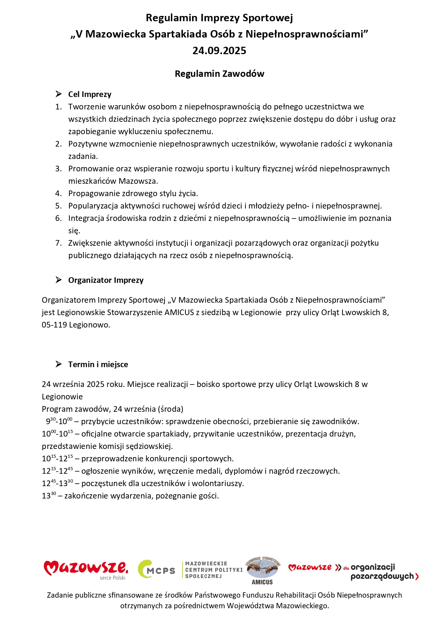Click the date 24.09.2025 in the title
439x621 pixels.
(x=219, y=51)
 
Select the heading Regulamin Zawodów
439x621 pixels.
(x=219, y=74)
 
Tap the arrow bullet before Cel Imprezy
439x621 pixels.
(x=59, y=94)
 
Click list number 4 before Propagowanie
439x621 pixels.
(x=58, y=193)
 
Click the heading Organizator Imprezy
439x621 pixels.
(x=106, y=280)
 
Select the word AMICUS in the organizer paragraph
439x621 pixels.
(x=179, y=312)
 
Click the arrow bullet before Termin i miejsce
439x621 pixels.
(x=59, y=364)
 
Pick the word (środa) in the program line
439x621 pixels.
(x=171, y=409)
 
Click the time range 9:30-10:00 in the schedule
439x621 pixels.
(x=59, y=421)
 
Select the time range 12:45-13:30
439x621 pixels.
(x=57, y=483)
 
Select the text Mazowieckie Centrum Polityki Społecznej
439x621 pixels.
(x=214, y=570)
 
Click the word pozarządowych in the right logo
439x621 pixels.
(x=382, y=576)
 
